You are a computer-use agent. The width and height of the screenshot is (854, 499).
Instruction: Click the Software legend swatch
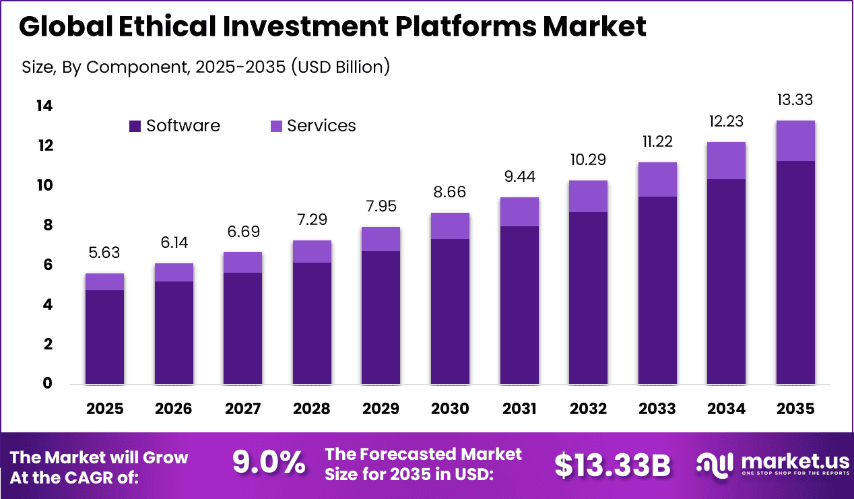tap(135, 126)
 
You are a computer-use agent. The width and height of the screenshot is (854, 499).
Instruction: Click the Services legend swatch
tap(276, 126)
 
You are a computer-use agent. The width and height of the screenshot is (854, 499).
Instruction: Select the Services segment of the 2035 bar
tap(795, 141)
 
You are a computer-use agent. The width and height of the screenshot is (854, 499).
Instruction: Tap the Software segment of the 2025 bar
tap(104, 337)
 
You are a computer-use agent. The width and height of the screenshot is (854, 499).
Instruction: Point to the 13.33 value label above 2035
tap(795, 100)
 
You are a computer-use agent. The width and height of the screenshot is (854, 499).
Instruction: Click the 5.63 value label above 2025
tap(104, 253)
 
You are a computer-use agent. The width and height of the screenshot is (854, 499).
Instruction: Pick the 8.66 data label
tap(450, 193)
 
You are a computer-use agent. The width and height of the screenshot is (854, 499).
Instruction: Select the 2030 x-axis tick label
tap(450, 409)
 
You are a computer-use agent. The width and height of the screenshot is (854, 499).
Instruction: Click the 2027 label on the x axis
tap(242, 409)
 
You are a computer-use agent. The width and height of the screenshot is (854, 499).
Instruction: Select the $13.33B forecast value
tap(612, 465)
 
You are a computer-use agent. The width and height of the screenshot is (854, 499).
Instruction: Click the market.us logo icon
tap(713, 464)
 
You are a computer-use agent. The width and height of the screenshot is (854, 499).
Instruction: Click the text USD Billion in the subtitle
tap(339, 67)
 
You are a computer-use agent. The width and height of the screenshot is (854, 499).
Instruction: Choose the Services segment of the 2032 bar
tap(588, 196)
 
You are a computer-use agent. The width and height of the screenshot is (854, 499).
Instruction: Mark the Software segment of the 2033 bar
tap(657, 290)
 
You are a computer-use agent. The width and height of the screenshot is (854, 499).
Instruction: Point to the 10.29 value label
tap(588, 160)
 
